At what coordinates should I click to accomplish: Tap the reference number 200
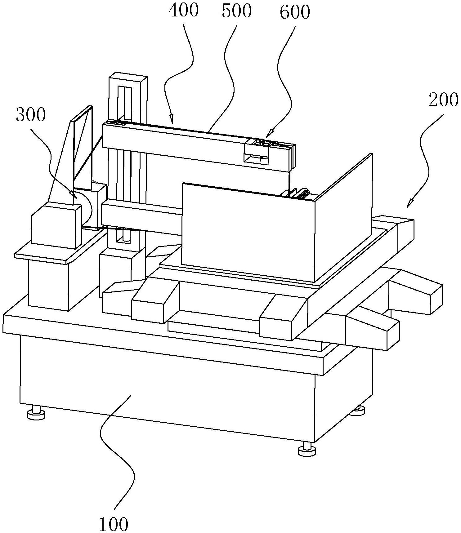point(443,100)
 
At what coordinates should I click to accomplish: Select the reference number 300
point(31,115)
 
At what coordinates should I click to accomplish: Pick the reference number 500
point(236,11)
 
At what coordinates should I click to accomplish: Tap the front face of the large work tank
point(248,231)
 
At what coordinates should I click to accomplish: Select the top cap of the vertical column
point(128,78)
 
